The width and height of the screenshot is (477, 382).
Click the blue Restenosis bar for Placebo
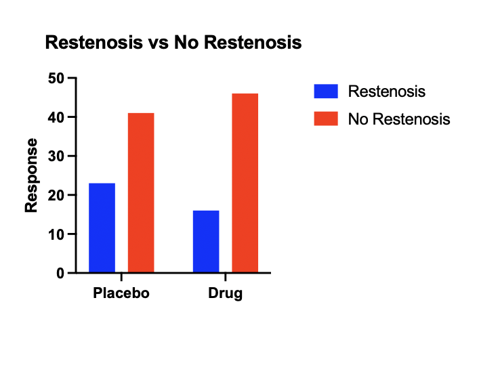(x=102, y=228)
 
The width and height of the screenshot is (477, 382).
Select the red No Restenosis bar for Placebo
(x=141, y=192)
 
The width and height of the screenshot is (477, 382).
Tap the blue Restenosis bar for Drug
(x=206, y=241)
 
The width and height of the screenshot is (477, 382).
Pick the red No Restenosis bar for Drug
(x=245, y=183)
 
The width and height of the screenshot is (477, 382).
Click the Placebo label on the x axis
(x=121, y=293)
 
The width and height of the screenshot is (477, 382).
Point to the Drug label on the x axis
(x=226, y=293)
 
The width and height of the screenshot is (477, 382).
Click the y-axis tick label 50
(x=56, y=79)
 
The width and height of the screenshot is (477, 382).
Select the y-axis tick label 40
(x=56, y=117)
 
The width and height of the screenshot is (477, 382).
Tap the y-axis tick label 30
(x=56, y=156)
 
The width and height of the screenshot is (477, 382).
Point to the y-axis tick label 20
(x=56, y=195)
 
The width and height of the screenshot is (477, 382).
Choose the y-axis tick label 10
(x=56, y=234)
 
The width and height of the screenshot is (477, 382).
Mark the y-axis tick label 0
(x=60, y=273)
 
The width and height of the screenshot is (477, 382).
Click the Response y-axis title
(x=31, y=175)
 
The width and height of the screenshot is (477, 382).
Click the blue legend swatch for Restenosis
(x=326, y=91)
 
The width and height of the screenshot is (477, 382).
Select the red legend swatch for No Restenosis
(x=326, y=119)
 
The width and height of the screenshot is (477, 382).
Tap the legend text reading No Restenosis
(x=399, y=119)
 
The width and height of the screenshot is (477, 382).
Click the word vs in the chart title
(x=159, y=43)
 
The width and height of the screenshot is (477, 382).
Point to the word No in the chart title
(x=186, y=42)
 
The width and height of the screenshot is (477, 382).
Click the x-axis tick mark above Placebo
(x=121, y=277)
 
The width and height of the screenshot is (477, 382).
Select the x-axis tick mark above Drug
(x=226, y=277)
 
